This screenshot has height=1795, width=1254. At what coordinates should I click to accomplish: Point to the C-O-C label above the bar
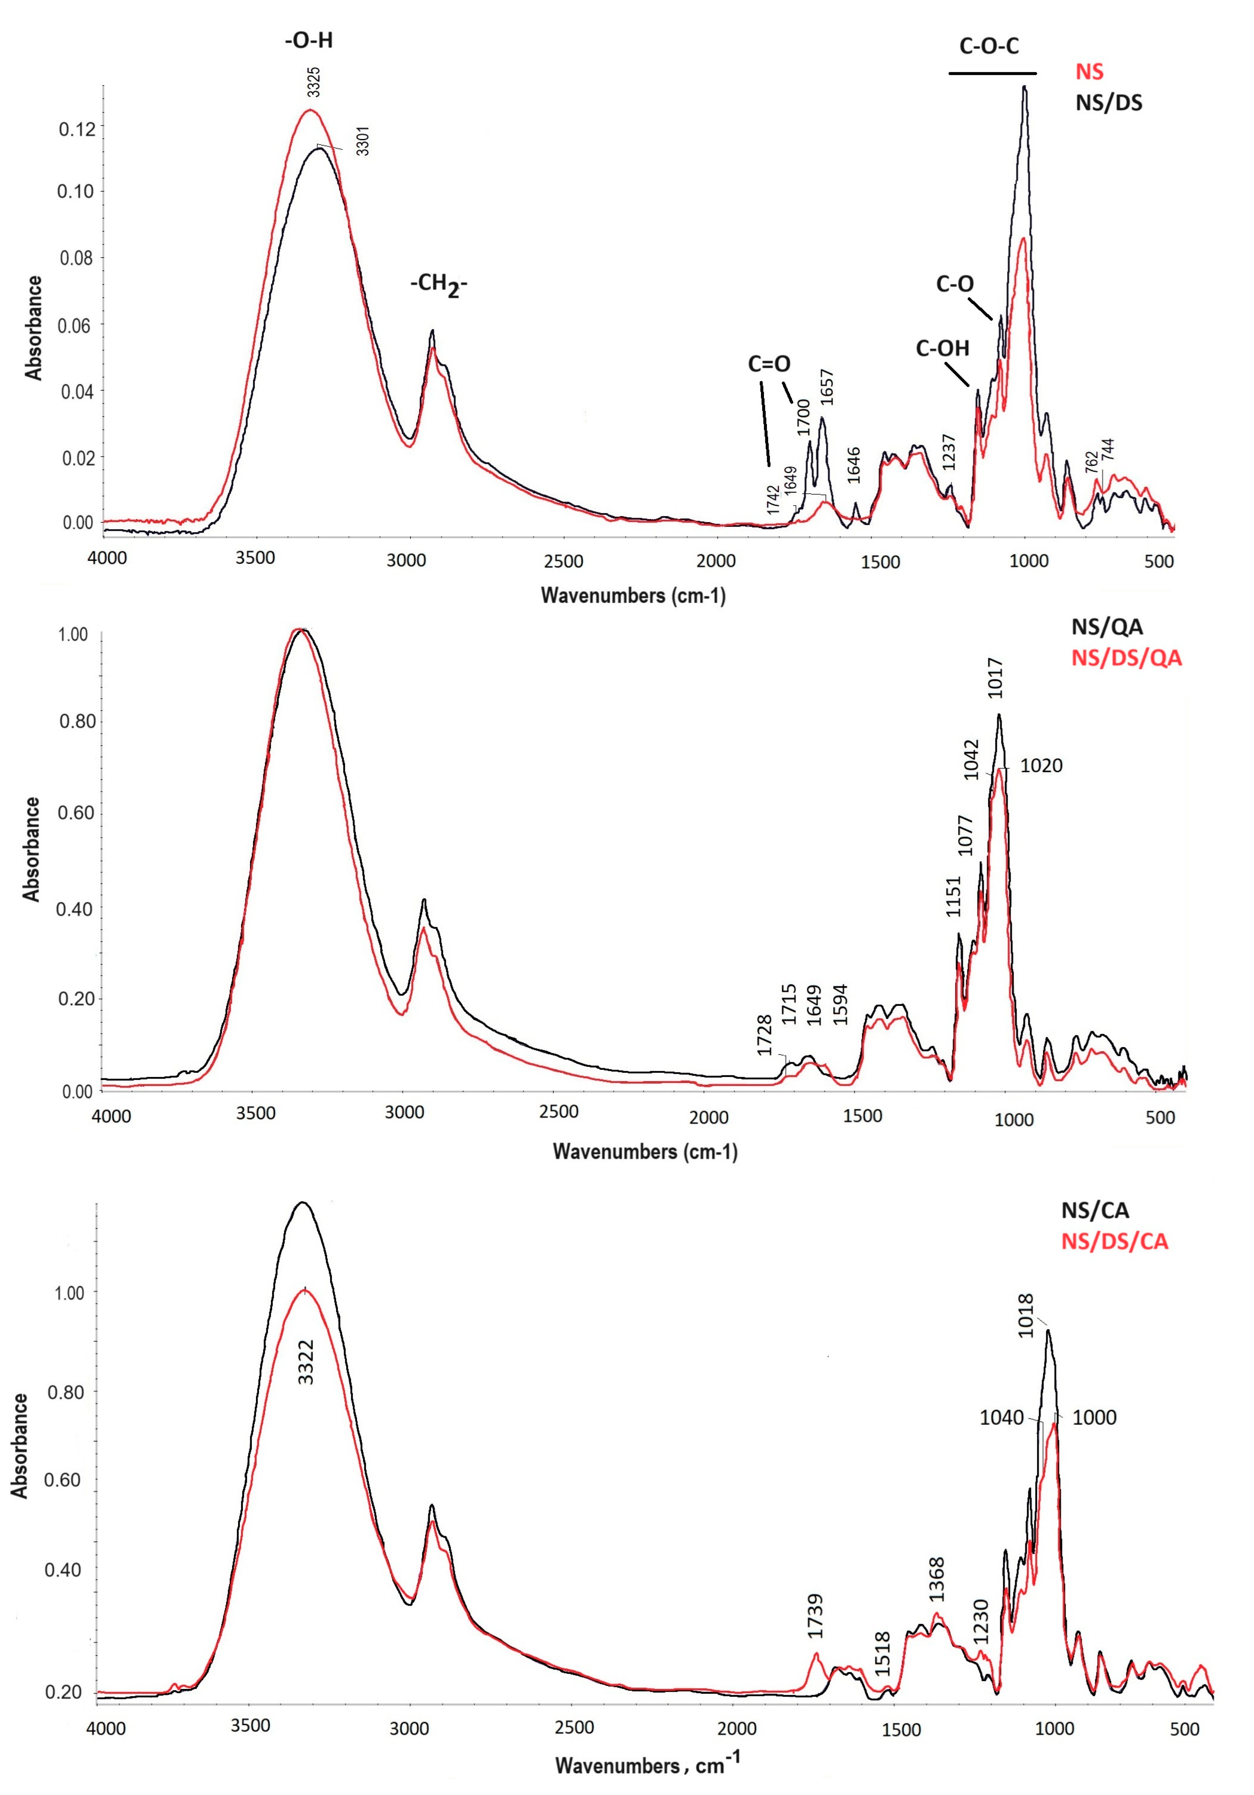989,46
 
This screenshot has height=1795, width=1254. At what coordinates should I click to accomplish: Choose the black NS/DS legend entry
1109,102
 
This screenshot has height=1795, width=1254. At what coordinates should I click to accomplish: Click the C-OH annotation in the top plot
942,349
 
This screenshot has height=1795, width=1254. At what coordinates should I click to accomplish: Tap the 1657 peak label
827,387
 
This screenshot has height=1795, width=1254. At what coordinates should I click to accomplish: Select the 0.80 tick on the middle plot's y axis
77,721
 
